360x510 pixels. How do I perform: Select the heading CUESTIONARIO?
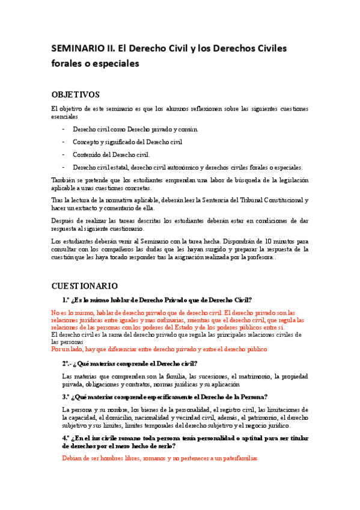[85, 285]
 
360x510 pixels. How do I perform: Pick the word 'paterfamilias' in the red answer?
[236, 458]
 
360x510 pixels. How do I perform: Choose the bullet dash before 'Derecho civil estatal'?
[63, 167]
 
